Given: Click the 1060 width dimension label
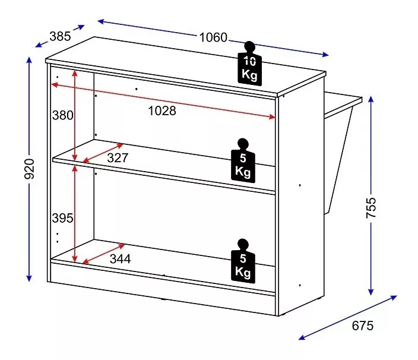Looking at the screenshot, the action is pos(213,37).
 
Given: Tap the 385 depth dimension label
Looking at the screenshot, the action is pos(60,36).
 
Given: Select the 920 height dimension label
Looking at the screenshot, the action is pos(29,169).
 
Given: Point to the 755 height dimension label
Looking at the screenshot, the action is pos(371,208).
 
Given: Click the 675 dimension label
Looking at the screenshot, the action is pos(363,326).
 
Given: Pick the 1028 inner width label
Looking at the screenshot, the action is pos(162,110).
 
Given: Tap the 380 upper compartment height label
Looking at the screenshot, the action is pos(63,115).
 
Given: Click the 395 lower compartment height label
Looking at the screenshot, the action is pos(62,218).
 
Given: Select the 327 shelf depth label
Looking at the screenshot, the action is pos(118,158).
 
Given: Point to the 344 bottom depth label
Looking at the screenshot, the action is pos(120,259).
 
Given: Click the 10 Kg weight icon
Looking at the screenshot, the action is pos(250,64).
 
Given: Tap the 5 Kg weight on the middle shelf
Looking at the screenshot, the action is pos(243,160).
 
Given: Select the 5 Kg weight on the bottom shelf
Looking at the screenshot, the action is pos(243,261).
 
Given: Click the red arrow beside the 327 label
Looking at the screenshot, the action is pos(103,153).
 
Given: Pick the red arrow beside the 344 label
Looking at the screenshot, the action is pos(103,254).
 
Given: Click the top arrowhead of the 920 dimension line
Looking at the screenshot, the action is pos(29,60).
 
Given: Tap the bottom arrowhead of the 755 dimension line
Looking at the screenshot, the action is pos(371,292).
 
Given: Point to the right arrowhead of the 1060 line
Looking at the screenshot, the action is pos(325,55).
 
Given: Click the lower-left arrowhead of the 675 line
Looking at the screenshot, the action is pos(302,337).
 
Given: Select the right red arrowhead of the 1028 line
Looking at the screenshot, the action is pos(272,116).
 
